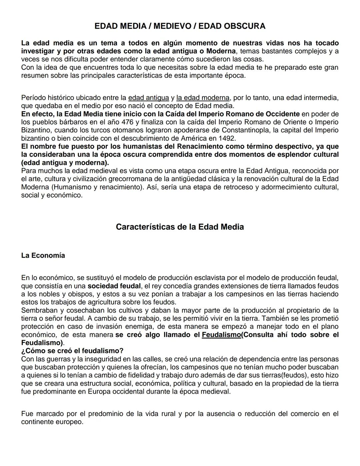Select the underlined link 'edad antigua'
click(x=149, y=98)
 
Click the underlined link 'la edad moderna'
click(x=203, y=98)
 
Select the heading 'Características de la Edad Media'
click(x=180, y=227)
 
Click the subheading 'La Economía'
click(x=43, y=256)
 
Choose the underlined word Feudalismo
click(x=221, y=335)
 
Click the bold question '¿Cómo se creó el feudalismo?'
click(x=72, y=351)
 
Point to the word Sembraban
click(x=37, y=311)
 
